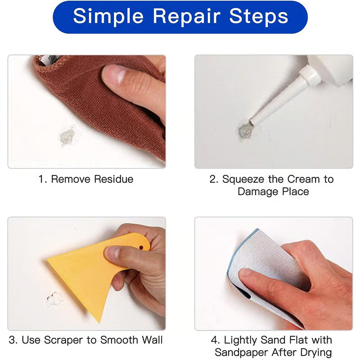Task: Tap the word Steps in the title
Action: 258,17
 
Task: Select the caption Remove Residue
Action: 86,179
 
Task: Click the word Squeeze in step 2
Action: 241,179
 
